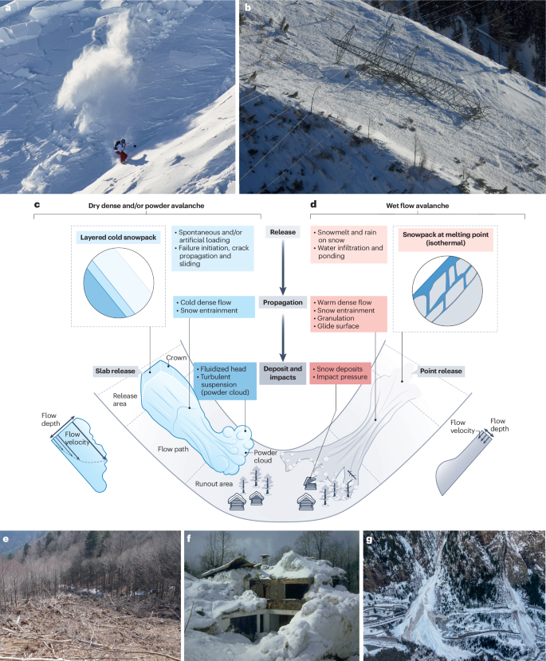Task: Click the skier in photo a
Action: [x=122, y=151]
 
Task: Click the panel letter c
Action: [x=37, y=205]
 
